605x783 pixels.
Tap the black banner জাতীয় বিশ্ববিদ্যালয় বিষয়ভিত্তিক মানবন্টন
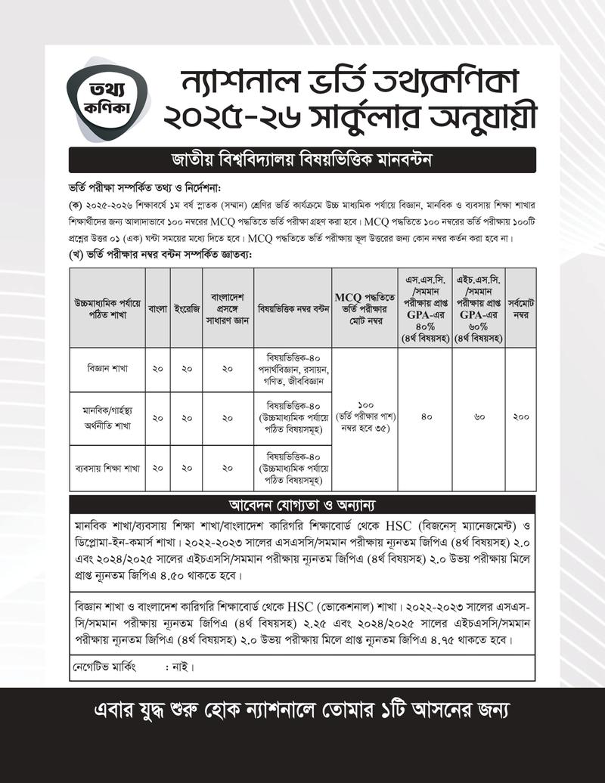click(302, 160)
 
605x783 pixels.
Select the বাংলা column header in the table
click(157, 308)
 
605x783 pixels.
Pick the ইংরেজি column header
click(185, 308)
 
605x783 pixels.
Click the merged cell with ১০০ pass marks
click(365, 417)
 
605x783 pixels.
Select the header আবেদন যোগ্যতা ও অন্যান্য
click(302, 504)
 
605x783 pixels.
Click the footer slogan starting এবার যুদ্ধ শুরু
click(302, 711)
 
